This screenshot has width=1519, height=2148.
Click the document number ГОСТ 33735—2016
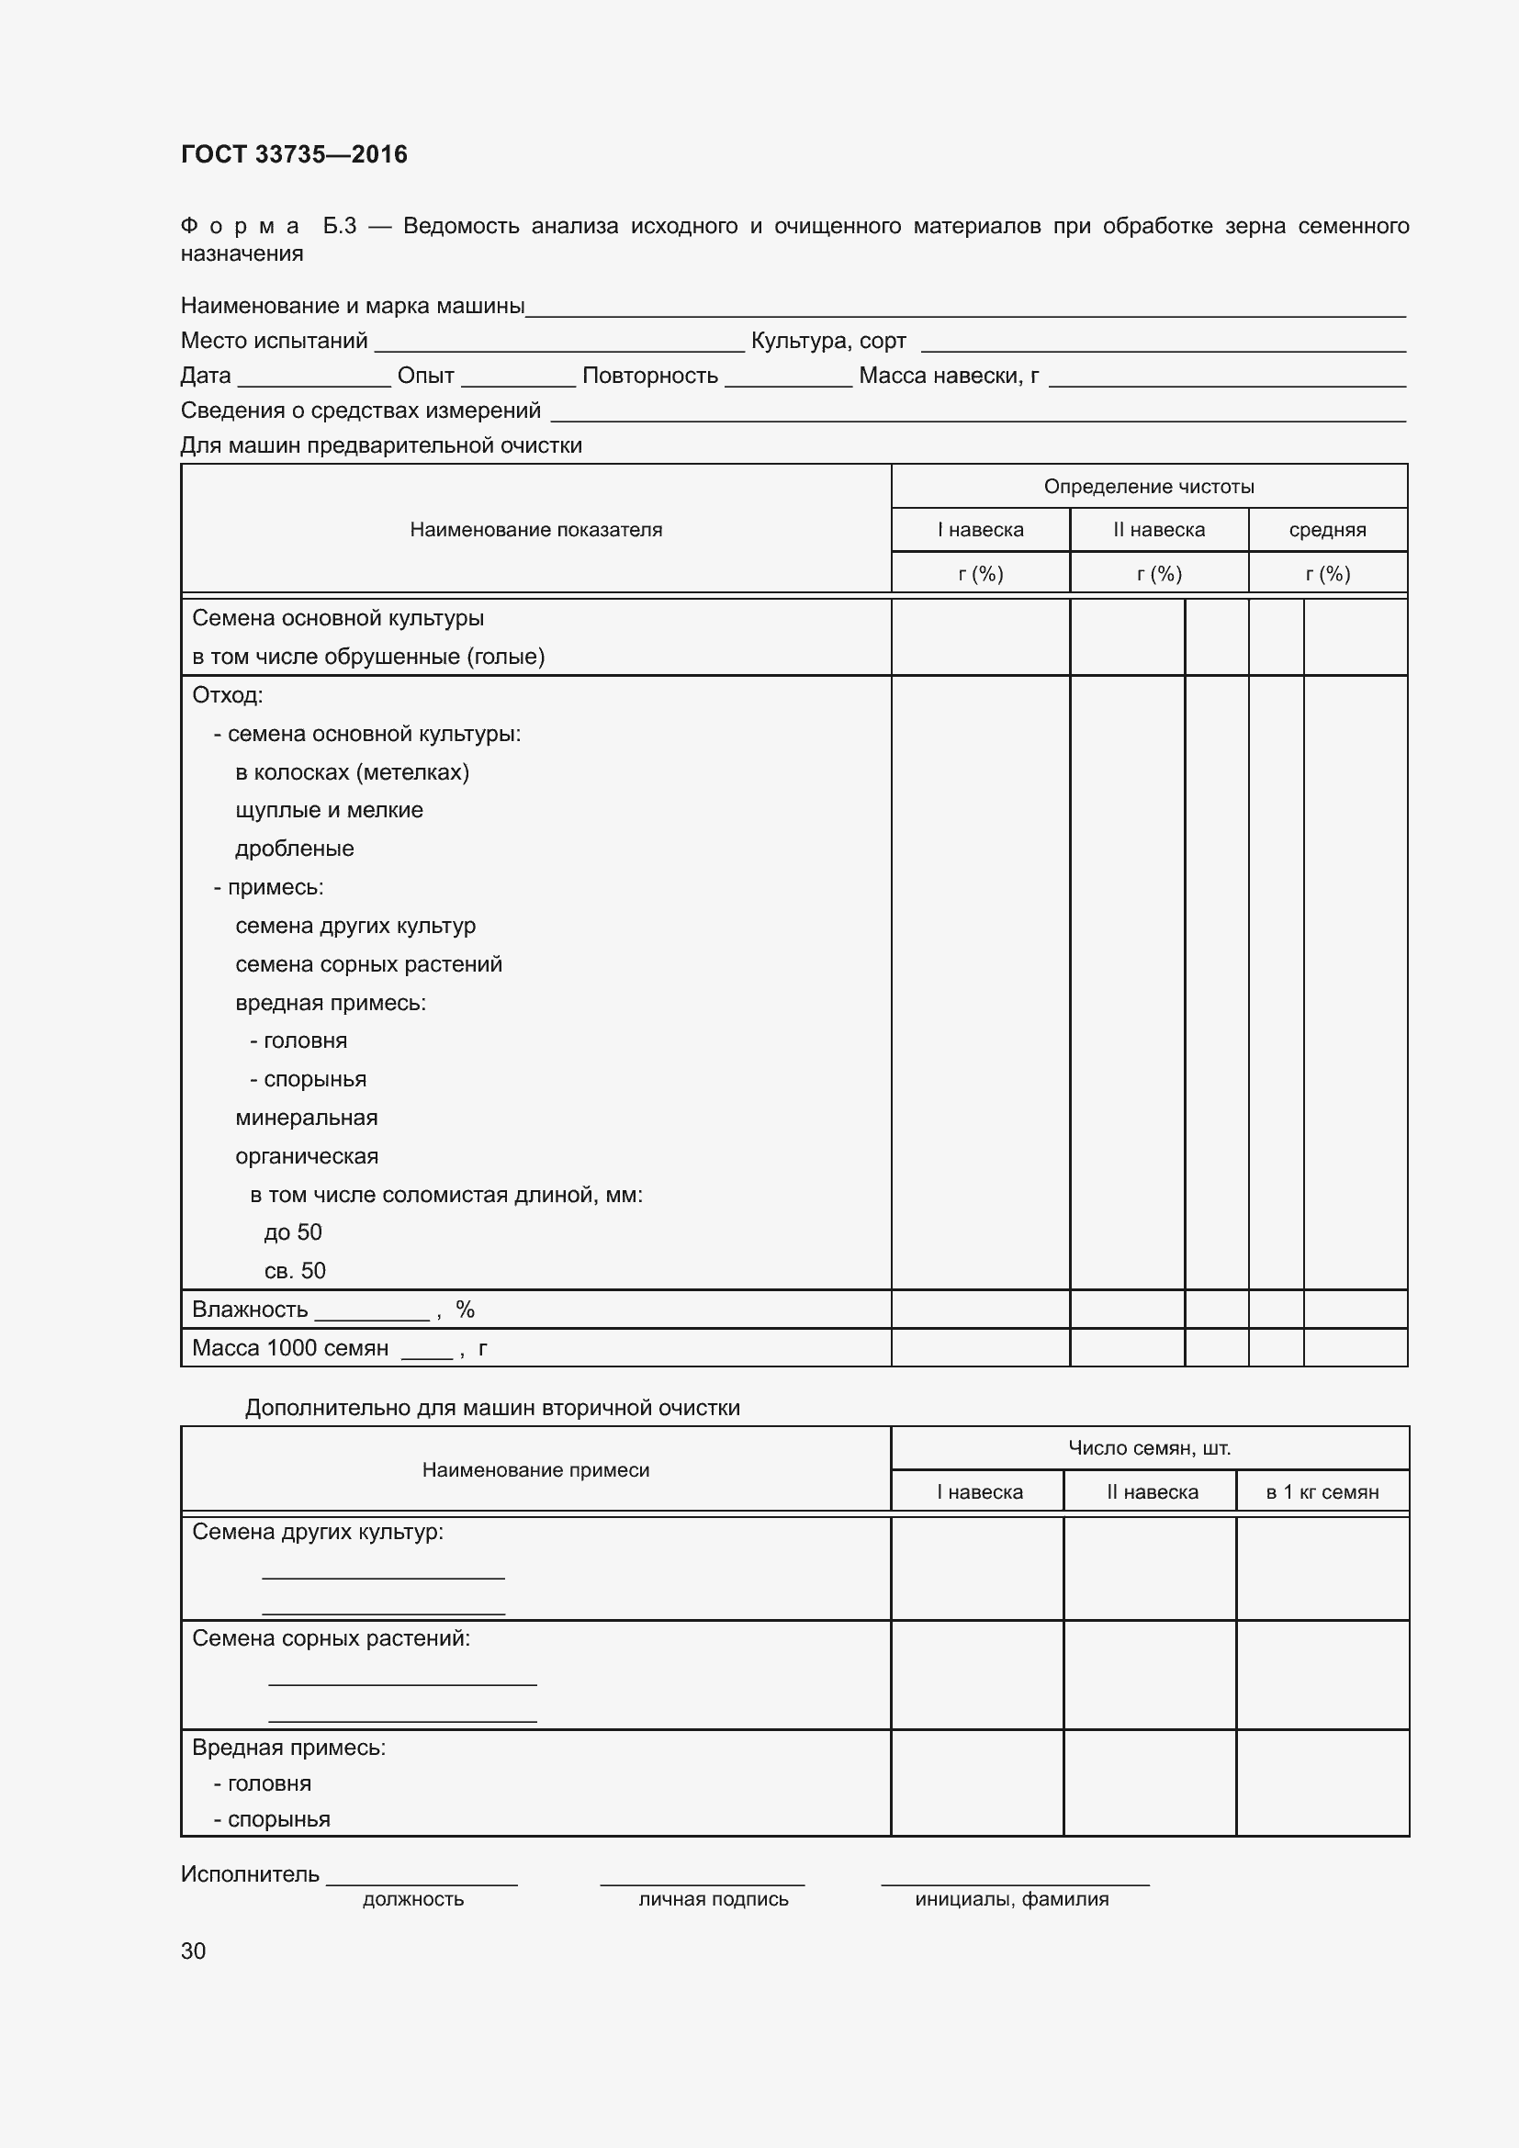point(294,154)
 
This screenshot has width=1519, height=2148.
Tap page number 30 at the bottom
point(193,1951)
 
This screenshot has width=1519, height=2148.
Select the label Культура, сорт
point(827,341)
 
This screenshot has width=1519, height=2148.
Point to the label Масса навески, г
point(949,377)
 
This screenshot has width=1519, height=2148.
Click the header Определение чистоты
point(1149,487)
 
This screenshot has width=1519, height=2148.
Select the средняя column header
point(1326,531)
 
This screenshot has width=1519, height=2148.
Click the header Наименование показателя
point(535,530)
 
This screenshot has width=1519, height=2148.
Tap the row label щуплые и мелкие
point(330,810)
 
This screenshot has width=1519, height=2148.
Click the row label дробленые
point(295,849)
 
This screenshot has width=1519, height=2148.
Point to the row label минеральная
point(307,1118)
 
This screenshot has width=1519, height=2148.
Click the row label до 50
point(293,1232)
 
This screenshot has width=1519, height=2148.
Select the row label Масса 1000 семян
point(290,1348)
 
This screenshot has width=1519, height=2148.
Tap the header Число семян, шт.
point(1149,1448)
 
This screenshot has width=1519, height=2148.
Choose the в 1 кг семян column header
point(1322,1492)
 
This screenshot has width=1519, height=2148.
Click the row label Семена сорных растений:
point(332,1638)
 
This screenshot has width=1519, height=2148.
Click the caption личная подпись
point(713,1899)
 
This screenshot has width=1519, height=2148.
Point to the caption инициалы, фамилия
point(1011,1899)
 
